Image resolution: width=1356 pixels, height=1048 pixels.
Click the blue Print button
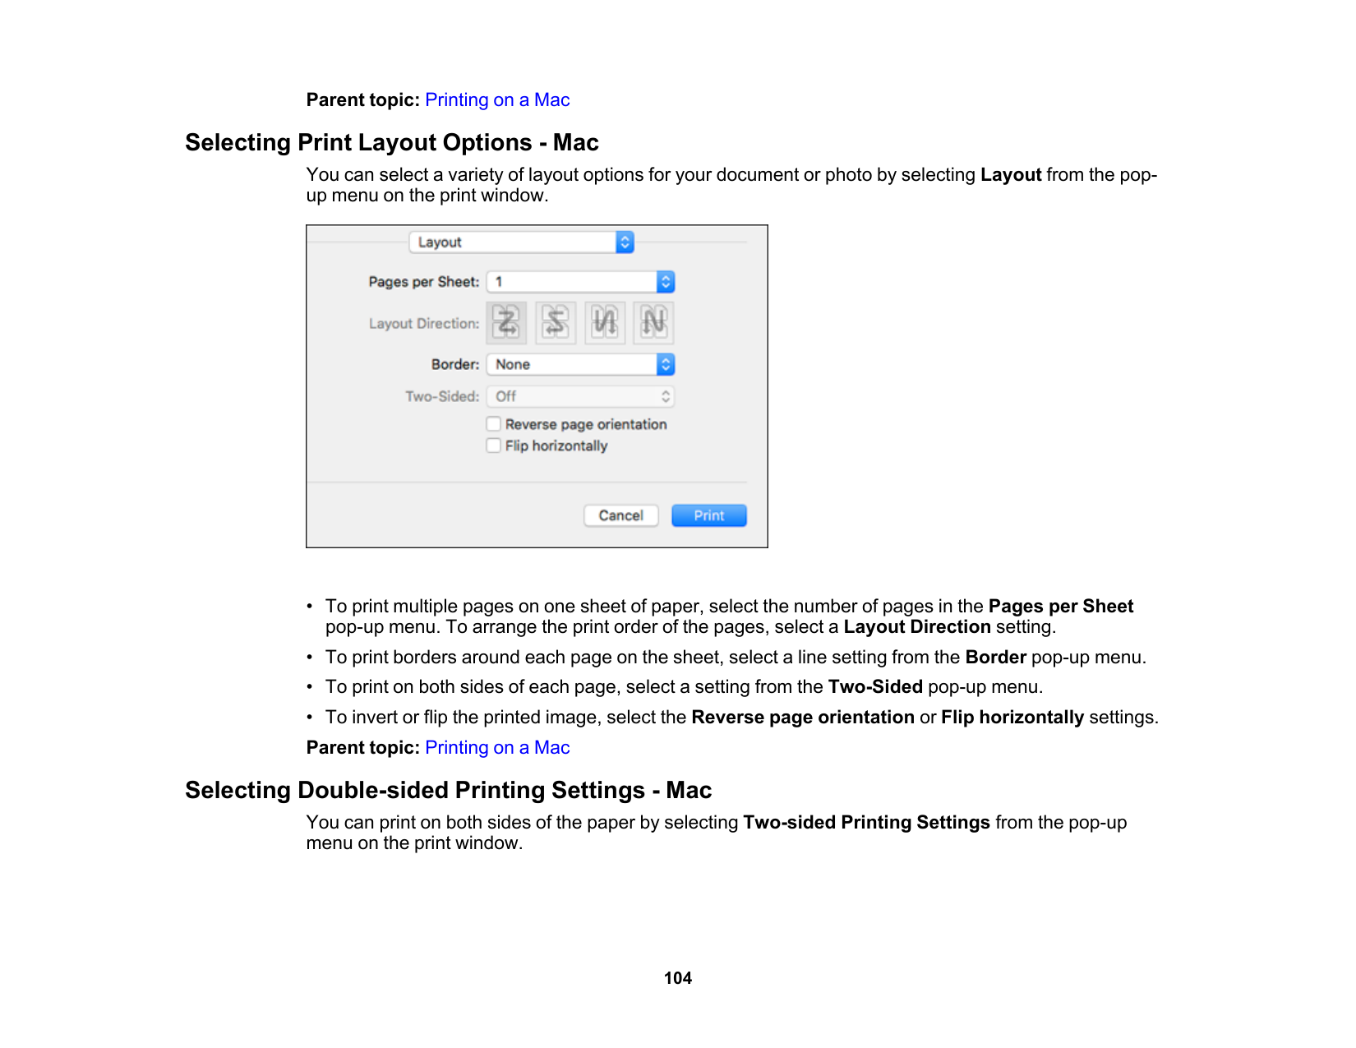(x=708, y=515)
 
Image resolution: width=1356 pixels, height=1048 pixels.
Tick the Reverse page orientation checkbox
(x=493, y=424)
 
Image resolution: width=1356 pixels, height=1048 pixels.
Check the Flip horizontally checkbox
(x=493, y=446)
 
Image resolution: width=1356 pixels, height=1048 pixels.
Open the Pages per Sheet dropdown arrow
(x=666, y=282)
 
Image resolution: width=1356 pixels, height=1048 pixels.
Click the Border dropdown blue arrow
(x=666, y=364)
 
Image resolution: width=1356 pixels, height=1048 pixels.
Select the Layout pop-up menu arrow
(x=625, y=242)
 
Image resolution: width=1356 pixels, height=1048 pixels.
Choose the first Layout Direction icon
(x=506, y=322)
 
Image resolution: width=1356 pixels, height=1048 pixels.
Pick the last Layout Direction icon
(x=654, y=322)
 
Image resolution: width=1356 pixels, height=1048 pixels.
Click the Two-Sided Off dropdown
(x=580, y=396)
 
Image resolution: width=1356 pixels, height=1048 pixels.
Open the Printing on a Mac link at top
(x=497, y=100)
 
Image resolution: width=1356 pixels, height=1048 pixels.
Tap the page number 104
(x=678, y=978)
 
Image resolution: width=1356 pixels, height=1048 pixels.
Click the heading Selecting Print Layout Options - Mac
(x=392, y=143)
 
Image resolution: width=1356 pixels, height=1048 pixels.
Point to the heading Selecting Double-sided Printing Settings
(x=448, y=791)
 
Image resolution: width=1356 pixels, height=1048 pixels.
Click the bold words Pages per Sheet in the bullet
(x=1060, y=607)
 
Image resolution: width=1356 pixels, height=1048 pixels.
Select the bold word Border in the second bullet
(x=995, y=658)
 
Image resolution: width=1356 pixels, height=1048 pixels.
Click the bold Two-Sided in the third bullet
(x=875, y=687)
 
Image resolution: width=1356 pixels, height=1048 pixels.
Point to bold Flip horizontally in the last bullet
(x=1012, y=718)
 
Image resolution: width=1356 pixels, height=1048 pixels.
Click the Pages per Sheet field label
(x=423, y=282)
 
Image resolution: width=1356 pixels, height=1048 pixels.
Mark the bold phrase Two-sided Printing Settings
(x=866, y=823)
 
